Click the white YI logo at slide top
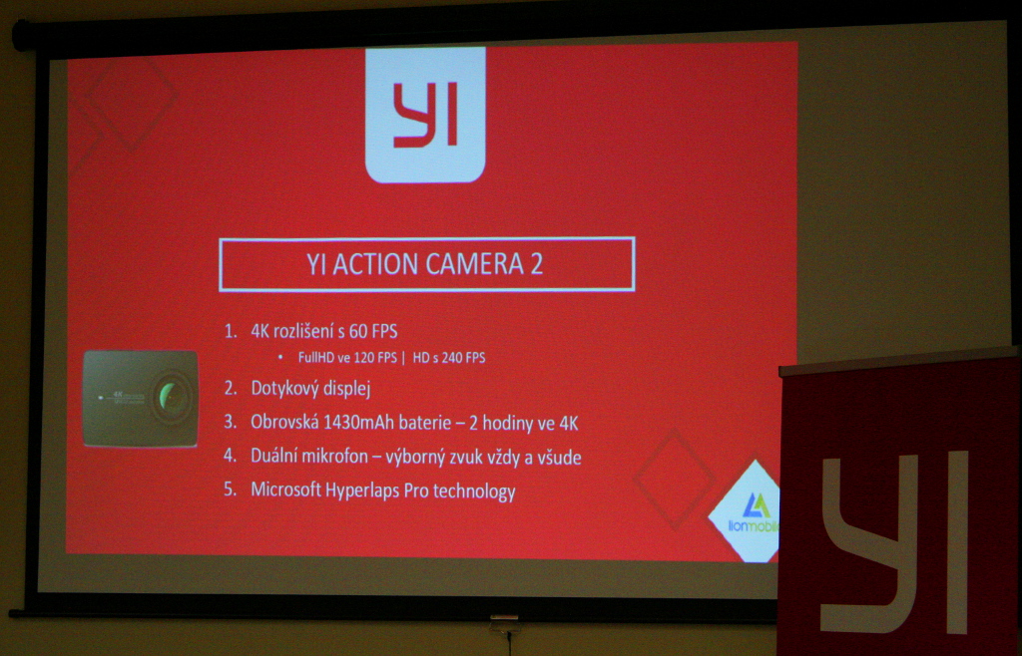pos(425,114)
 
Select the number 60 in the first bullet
pos(358,331)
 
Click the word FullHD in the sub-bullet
pos(316,358)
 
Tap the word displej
pos(348,389)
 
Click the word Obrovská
pos(284,423)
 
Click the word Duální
pos(273,457)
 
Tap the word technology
pos(474,492)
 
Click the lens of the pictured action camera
pos(171,395)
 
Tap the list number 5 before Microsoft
pos(231,490)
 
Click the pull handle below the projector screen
pos(504,625)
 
